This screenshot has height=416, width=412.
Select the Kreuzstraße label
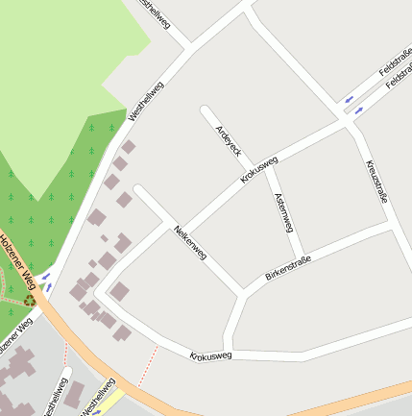tap(376, 181)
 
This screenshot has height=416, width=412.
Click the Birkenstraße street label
tap(288, 268)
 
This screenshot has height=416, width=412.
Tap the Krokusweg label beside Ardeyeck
tap(259, 170)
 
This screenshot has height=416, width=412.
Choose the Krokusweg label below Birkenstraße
tap(210, 355)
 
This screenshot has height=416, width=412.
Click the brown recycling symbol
tap(30, 300)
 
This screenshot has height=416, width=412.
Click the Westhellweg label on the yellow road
tap(98, 396)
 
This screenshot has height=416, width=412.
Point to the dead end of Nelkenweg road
tap(139, 190)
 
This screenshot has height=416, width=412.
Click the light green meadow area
tap(58, 77)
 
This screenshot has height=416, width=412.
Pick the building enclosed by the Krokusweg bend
tap(119, 290)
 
